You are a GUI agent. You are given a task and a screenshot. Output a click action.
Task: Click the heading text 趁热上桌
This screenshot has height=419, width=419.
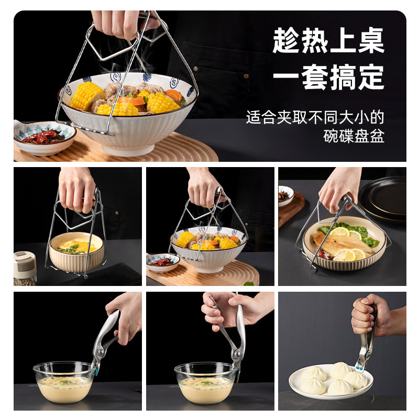328,40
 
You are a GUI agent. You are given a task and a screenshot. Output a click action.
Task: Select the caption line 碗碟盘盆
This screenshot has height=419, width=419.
354,137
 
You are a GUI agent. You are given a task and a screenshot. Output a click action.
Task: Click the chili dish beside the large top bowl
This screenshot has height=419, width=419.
45,137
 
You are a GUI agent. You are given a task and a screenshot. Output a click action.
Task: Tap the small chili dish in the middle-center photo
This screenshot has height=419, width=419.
162,262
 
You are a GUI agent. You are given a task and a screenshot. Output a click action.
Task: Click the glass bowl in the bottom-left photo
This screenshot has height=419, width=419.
64,382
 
